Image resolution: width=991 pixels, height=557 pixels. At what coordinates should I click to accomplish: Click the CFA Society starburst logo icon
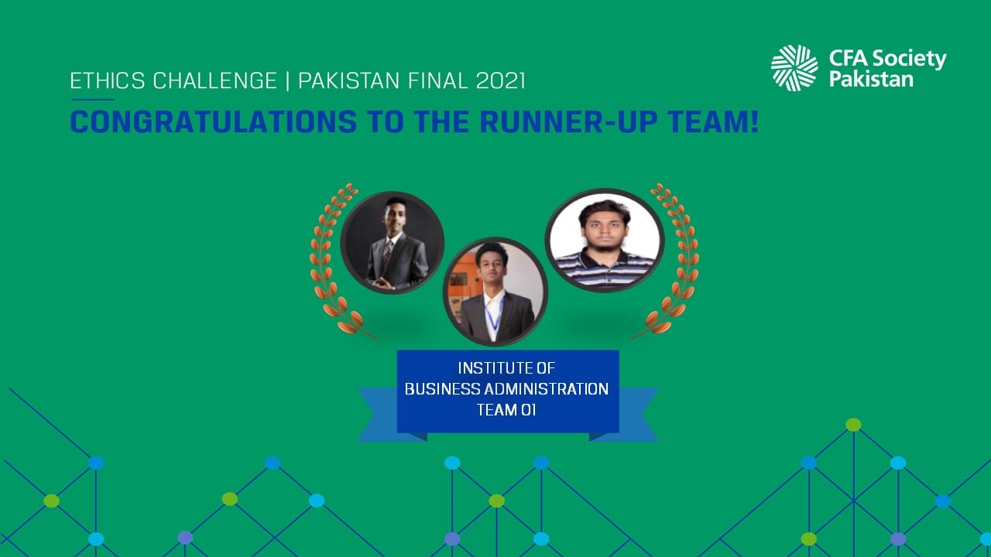(x=794, y=68)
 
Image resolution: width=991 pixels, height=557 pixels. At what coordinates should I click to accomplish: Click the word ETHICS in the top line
(x=108, y=81)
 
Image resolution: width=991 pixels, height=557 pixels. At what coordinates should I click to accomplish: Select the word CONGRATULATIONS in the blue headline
(x=214, y=121)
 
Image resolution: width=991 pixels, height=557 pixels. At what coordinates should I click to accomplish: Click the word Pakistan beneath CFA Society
(x=871, y=79)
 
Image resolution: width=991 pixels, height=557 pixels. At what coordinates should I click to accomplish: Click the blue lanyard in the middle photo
(x=494, y=315)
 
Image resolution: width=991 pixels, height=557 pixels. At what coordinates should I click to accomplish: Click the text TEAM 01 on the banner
(x=506, y=410)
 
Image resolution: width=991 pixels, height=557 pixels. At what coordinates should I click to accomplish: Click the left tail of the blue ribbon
(x=377, y=415)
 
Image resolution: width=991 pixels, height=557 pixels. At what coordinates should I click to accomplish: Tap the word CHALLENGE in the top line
(x=215, y=81)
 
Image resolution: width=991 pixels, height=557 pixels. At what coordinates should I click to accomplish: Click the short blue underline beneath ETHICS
(x=93, y=100)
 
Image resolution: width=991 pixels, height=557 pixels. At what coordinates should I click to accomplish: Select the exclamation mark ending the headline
(x=754, y=121)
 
